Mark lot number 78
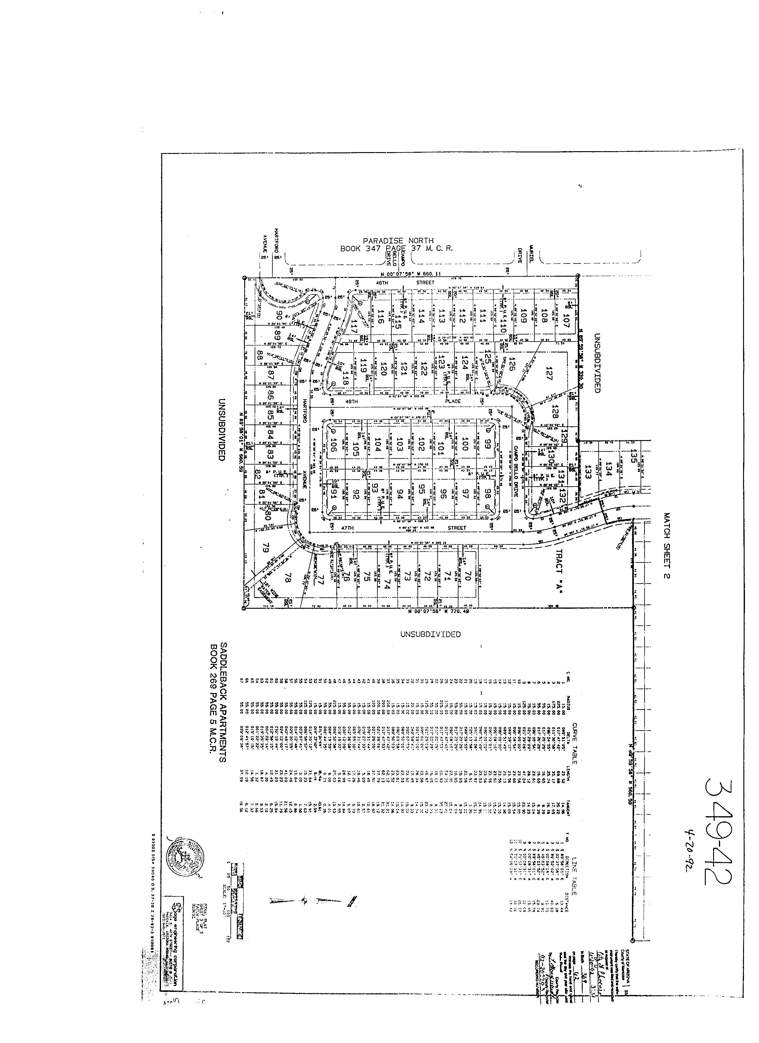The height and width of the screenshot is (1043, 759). (x=288, y=578)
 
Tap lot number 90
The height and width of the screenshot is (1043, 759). (x=279, y=316)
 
